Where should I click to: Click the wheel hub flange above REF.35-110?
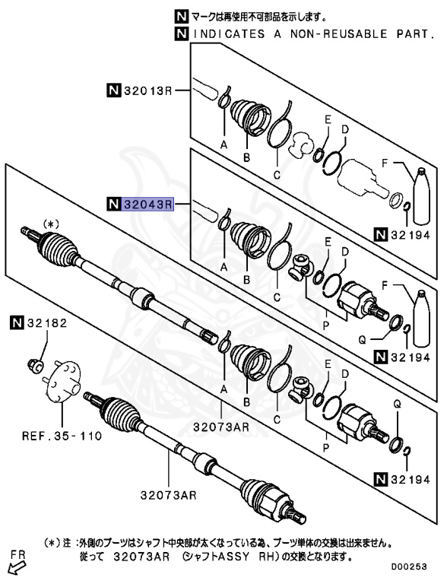click(62, 380)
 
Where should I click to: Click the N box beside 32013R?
click(113, 92)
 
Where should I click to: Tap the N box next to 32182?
click(17, 323)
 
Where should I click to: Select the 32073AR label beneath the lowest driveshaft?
click(167, 495)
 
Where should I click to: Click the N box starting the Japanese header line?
click(180, 15)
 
